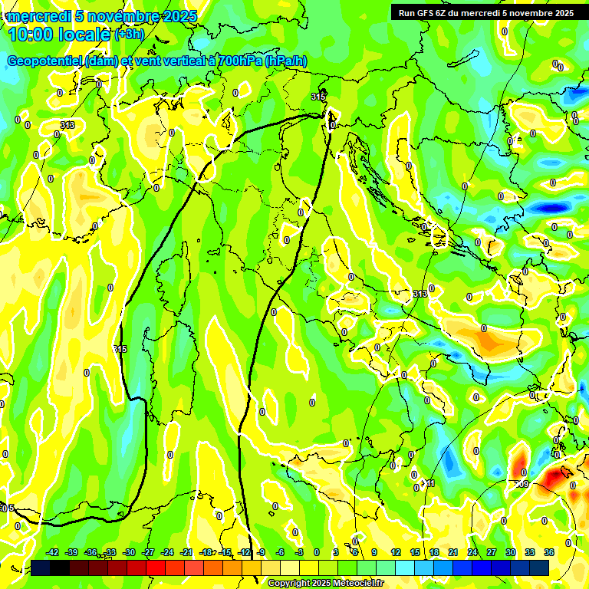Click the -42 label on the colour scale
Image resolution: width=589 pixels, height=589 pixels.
[x=53, y=552]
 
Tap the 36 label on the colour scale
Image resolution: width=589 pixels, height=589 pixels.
[x=549, y=552]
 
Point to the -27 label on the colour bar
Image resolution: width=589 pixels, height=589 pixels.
[x=148, y=552]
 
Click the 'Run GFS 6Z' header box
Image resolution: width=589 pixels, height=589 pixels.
[x=485, y=12]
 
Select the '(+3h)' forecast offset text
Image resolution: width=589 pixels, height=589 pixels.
[x=129, y=35]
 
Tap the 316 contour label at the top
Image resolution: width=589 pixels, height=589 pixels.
[x=318, y=97]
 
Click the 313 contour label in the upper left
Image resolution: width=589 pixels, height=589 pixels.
[x=67, y=125]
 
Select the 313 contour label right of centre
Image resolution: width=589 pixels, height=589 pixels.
[x=420, y=294]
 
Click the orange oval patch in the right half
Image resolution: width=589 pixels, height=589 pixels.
[x=485, y=335]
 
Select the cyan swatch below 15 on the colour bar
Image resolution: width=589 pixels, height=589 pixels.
[x=415, y=567]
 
